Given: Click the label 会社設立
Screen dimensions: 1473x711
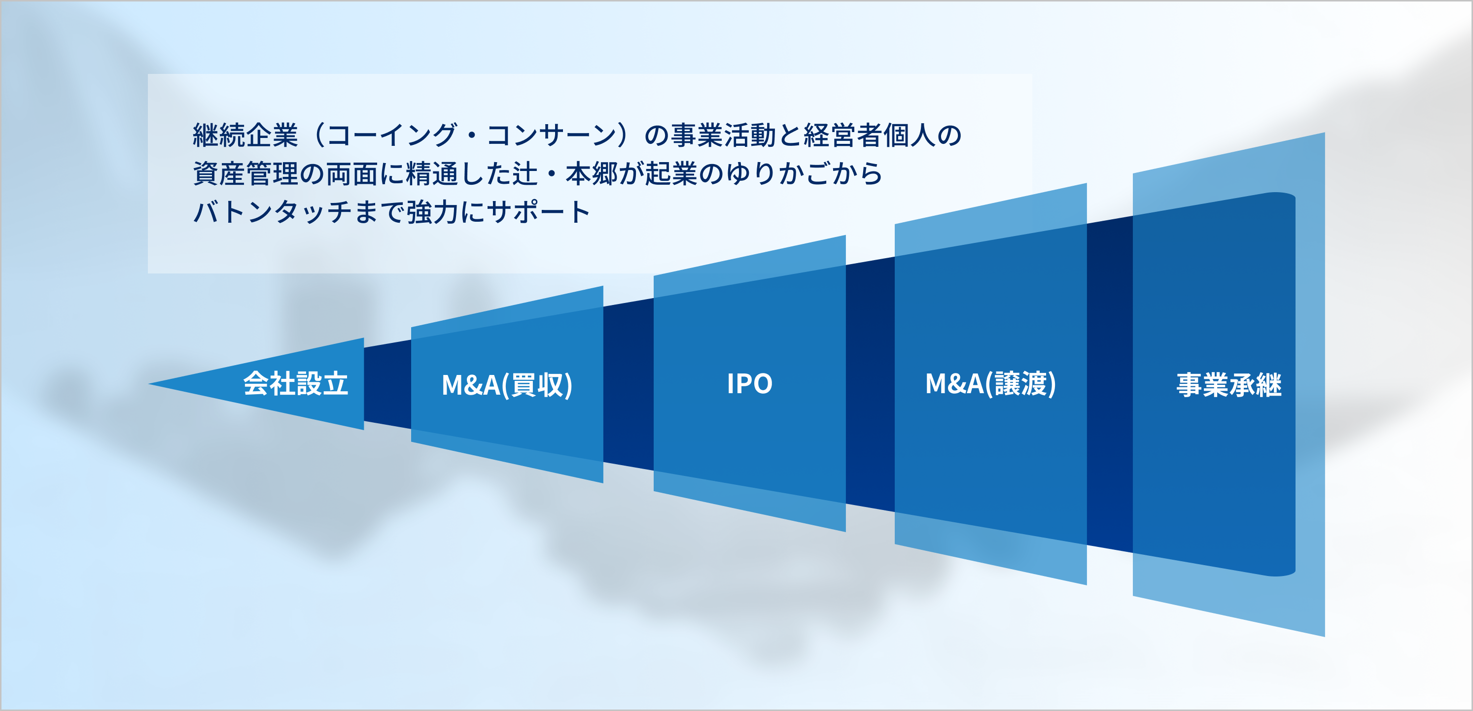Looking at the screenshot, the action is [x=296, y=383].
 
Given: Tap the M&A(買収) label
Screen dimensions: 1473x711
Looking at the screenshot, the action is [x=507, y=385].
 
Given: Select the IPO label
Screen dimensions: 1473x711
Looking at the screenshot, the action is [x=750, y=383].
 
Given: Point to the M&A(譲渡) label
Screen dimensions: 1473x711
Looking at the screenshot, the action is [x=990, y=383].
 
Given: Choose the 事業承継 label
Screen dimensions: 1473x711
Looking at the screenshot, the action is [x=1229, y=385].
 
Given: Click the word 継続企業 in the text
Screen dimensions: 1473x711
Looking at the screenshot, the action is [x=245, y=135].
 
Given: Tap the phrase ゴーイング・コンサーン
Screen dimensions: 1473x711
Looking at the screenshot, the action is [x=472, y=135].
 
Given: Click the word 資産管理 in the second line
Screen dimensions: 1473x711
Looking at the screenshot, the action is [x=245, y=173].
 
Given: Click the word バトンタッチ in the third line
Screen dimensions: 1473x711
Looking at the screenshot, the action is [x=272, y=212].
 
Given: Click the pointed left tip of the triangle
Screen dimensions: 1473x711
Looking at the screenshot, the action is [x=149, y=383].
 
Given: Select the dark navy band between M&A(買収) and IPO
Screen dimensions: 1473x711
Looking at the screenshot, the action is [x=629, y=384].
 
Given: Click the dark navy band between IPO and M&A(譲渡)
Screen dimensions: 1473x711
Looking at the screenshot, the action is [x=870, y=384].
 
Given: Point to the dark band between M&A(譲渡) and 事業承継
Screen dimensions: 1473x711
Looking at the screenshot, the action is [x=1109, y=384].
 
